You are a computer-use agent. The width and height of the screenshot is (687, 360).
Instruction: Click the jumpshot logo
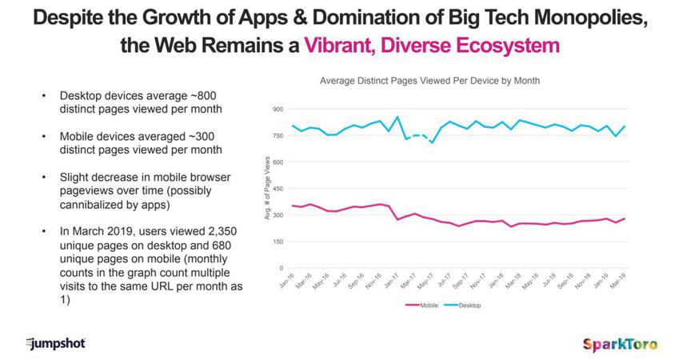[55, 343]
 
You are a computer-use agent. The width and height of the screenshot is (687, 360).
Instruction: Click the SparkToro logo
[621, 343]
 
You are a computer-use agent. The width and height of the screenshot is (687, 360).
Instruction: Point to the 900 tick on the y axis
[278, 109]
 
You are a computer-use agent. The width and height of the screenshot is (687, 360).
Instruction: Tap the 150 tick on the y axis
[278, 242]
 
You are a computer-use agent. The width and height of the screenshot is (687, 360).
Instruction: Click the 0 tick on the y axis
[281, 268]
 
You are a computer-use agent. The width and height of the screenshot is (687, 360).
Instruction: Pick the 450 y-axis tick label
[278, 189]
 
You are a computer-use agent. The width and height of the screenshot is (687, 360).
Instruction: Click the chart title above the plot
[429, 81]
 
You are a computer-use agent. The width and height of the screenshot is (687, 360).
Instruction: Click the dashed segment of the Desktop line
[419, 136]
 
